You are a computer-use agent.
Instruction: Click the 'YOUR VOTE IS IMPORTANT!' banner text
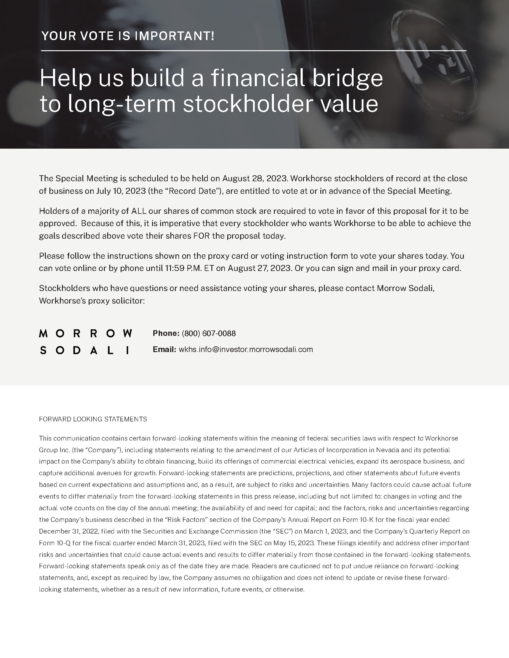click(128, 36)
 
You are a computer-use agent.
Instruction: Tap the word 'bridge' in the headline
click(347, 78)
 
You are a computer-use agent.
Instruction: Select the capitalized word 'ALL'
click(139, 211)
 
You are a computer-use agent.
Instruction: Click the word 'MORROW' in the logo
click(86, 333)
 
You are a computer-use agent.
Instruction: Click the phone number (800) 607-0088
click(209, 333)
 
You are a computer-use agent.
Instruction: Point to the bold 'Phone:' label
click(166, 333)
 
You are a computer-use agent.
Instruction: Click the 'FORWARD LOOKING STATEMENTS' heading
click(93, 419)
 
